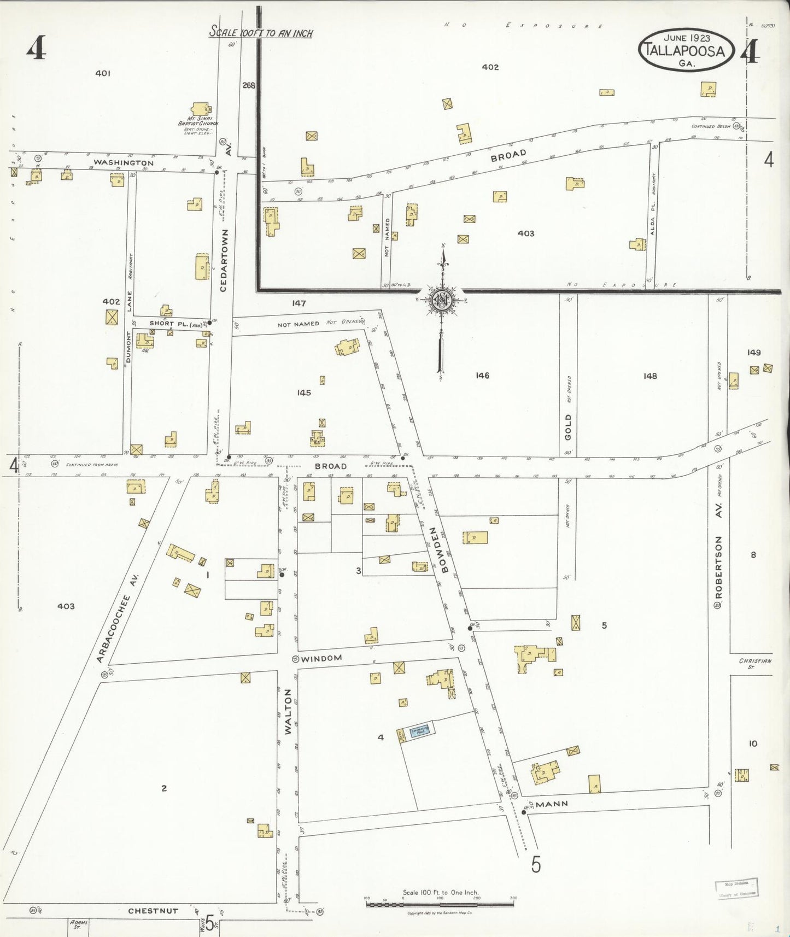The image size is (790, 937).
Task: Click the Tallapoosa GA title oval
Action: click(x=686, y=49)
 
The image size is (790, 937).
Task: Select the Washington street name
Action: click(x=124, y=162)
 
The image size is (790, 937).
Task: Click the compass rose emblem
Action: click(x=441, y=300)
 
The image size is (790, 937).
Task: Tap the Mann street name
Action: click(x=552, y=804)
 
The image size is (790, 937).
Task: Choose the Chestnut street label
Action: click(x=153, y=911)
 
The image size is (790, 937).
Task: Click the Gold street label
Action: click(x=568, y=427)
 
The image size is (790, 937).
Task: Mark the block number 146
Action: click(x=482, y=376)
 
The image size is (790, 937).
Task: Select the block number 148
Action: click(x=650, y=376)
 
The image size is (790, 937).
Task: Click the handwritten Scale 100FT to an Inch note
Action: click(x=261, y=33)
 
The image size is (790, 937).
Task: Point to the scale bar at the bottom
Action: click(x=440, y=904)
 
